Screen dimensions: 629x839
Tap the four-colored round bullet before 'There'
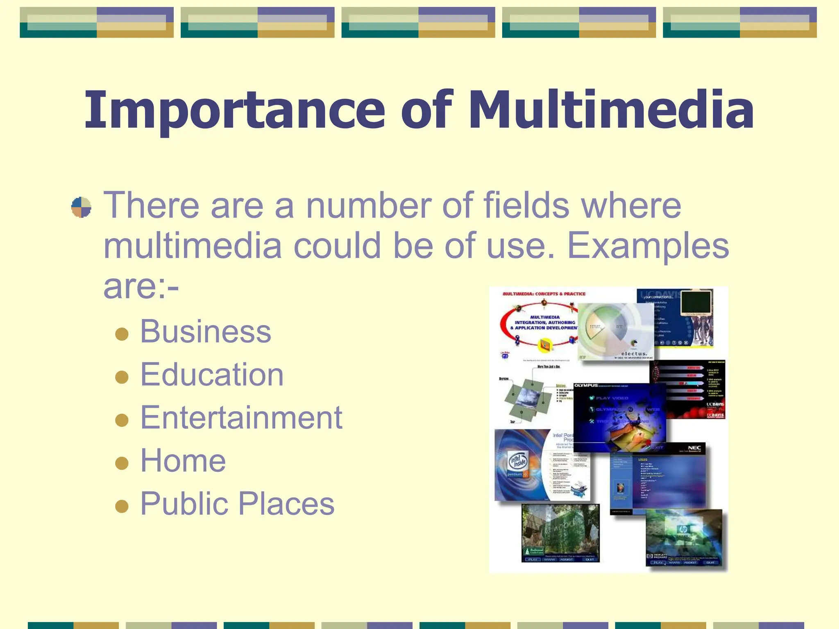pyautogui.click(x=81, y=207)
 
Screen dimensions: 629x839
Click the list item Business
pyautogui.click(x=206, y=331)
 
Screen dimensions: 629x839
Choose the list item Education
pyautogui.click(x=212, y=374)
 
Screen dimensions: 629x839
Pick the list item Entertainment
pyautogui.click(x=241, y=417)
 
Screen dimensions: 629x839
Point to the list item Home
pyautogui.click(x=183, y=460)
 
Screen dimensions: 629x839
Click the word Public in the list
pyautogui.click(x=183, y=504)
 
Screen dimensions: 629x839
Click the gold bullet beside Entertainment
pyautogui.click(x=122, y=420)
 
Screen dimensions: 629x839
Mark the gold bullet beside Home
pyautogui.click(x=122, y=463)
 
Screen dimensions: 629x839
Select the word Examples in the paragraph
pyautogui.click(x=648, y=247)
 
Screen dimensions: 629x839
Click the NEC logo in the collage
pyautogui.click(x=694, y=448)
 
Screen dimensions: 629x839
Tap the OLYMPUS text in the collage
pyautogui.click(x=586, y=385)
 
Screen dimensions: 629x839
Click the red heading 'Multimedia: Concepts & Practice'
pyautogui.click(x=544, y=294)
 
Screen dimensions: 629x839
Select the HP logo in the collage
pyautogui.click(x=683, y=530)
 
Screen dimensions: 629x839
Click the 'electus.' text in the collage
pyautogui.click(x=634, y=353)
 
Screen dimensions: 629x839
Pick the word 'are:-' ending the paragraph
pyautogui.click(x=141, y=286)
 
